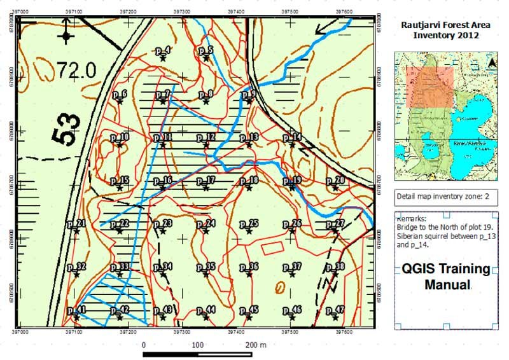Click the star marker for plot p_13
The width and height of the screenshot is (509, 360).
(x=249, y=144)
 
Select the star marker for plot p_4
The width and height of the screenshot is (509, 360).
(x=163, y=57)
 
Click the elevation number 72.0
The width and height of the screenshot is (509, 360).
(x=76, y=69)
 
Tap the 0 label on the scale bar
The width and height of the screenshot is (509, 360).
(x=144, y=344)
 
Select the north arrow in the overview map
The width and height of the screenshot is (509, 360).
(x=491, y=63)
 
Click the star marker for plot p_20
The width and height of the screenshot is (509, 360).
(x=335, y=188)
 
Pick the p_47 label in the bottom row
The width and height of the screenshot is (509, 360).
(x=335, y=310)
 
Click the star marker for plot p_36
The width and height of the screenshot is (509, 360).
(x=249, y=275)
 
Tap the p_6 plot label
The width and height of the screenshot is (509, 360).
(x=120, y=94)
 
